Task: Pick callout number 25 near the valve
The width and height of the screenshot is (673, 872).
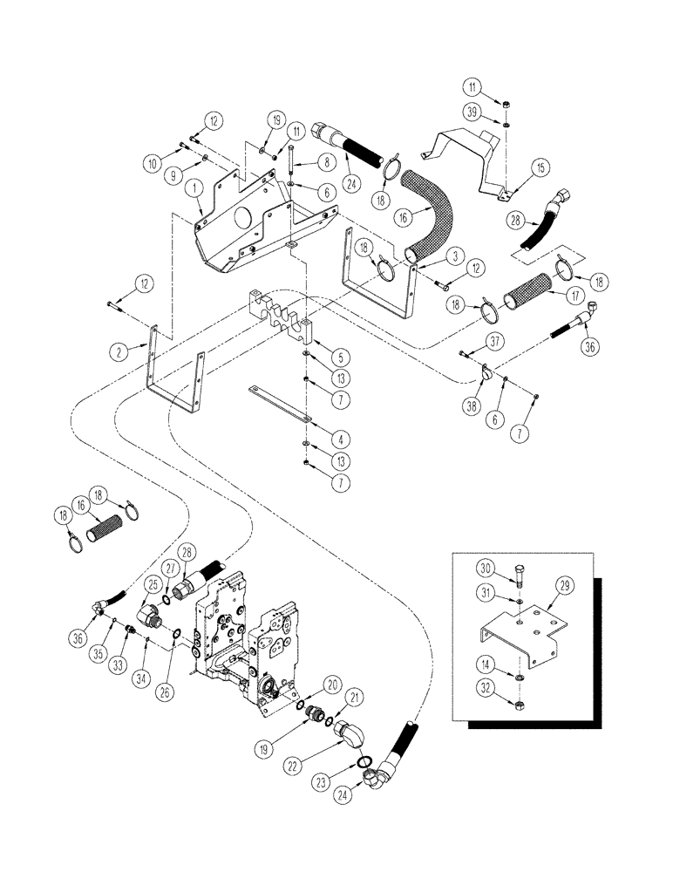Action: click(x=153, y=585)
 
